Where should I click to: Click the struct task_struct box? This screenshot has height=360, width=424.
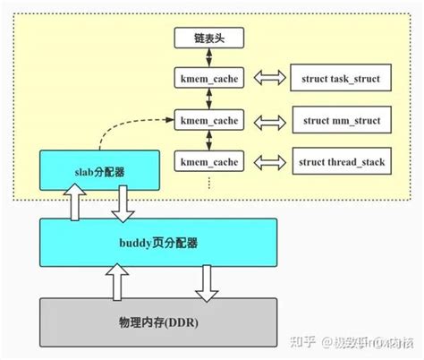tap(335, 80)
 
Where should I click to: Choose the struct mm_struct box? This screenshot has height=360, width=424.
tap(335, 120)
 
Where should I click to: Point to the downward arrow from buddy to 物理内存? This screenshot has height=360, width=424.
tap(207, 280)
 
